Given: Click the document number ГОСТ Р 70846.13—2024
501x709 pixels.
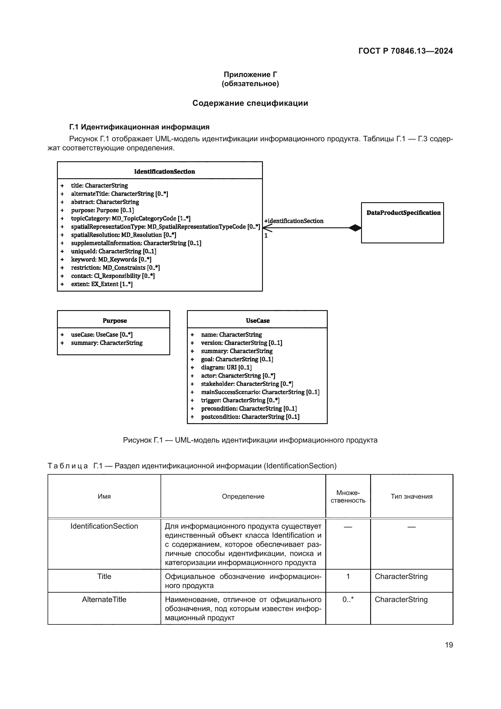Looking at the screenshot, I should [405, 51].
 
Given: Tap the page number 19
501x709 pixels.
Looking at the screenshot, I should [449, 645].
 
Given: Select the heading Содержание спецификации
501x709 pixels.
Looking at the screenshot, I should [250, 103].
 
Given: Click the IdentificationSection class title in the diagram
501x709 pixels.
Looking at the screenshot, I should [164, 171].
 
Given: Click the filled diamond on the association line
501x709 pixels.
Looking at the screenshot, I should [355, 228].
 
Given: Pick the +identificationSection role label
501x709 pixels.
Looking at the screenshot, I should [294, 221].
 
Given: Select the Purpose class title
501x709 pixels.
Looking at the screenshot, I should [114, 320].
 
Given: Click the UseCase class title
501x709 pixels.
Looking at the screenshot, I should [257, 320].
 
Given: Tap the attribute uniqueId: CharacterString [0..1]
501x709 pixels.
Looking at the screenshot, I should [114, 251].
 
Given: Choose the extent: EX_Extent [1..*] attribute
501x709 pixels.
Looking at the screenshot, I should [102, 284].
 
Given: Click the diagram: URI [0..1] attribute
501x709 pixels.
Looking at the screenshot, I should [226, 367].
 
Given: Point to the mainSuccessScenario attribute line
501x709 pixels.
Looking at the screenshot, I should [260, 392].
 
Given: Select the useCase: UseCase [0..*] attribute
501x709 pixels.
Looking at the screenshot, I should [102, 334].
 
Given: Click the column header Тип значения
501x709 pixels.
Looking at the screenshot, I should [412, 496].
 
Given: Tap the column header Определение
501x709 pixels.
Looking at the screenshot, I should [243, 496].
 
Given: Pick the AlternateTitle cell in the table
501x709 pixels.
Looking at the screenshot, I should [104, 599].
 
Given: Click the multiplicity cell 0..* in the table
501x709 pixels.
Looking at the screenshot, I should [348, 599].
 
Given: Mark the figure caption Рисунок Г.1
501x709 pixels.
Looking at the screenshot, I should [250, 440].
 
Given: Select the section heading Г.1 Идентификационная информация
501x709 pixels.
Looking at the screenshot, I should [139, 127].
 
